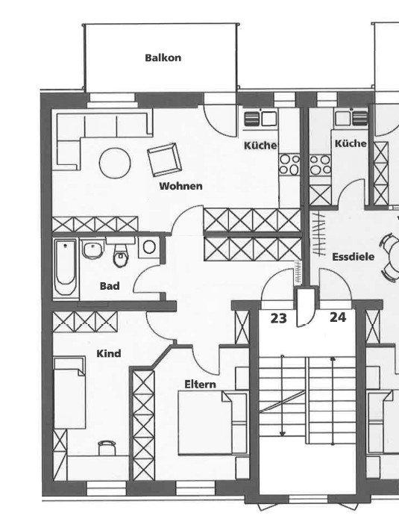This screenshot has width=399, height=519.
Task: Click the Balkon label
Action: pos(163,58)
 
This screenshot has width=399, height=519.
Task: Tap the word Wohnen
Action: pos(180,186)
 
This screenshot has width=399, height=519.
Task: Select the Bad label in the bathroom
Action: pos(110,286)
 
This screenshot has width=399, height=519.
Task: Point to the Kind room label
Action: pos(109,353)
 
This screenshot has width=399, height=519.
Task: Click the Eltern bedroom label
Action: pos(201,385)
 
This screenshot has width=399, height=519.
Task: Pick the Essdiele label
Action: pos(354,257)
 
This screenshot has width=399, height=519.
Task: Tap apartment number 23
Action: pos(279,318)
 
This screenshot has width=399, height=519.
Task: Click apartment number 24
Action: pos(338,317)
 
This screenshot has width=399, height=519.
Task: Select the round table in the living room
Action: pos(115,164)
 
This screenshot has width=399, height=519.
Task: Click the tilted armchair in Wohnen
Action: pos(164,159)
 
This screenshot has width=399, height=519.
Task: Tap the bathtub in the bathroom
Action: pos(66,267)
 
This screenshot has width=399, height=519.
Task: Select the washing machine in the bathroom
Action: pos(149,247)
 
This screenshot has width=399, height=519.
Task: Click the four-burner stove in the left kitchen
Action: pos(289,164)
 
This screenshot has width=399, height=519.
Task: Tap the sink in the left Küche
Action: pos(261,119)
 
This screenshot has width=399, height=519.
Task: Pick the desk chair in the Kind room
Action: pos(107,447)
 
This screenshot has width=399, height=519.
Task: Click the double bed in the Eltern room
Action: pos(213,423)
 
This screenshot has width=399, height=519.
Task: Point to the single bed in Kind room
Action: pos(69,393)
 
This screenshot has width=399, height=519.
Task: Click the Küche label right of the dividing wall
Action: pos(351,143)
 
